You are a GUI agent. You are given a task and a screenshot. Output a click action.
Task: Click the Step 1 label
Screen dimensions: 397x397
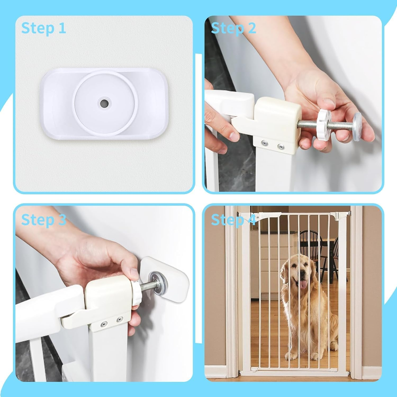coord(43,28)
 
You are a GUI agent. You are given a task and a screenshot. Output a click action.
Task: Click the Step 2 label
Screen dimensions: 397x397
coord(233,28)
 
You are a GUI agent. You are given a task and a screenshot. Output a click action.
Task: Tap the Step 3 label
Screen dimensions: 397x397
coord(43,220)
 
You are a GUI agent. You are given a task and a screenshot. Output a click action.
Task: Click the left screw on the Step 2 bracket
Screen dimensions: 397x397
coord(264,143)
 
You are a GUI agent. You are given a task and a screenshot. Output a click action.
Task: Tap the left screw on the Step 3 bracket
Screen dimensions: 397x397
coord(104,323)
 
